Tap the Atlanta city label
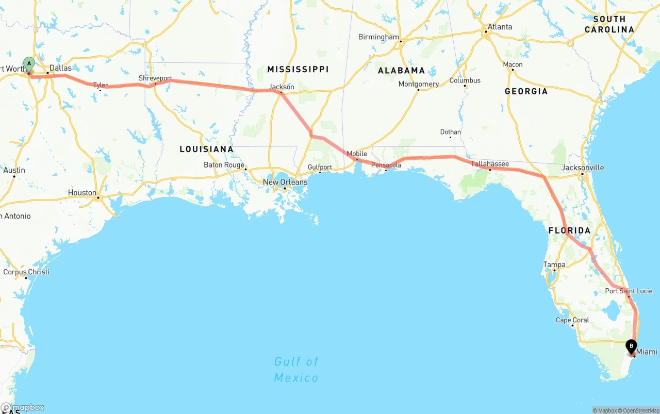[500, 27]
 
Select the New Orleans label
[285, 182]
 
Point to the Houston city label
[82, 193]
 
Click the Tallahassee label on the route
[490, 164]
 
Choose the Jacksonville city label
[583, 168]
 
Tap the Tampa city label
[554, 264]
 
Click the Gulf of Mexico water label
[296, 370]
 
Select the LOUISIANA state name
[206, 149]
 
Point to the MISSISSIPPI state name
[298, 69]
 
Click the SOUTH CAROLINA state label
[609, 24]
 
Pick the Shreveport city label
[155, 78]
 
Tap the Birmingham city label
[378, 37]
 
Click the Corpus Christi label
[26, 272]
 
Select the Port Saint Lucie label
[629, 291]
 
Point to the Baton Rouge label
[224, 165]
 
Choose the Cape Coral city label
[572, 320]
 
